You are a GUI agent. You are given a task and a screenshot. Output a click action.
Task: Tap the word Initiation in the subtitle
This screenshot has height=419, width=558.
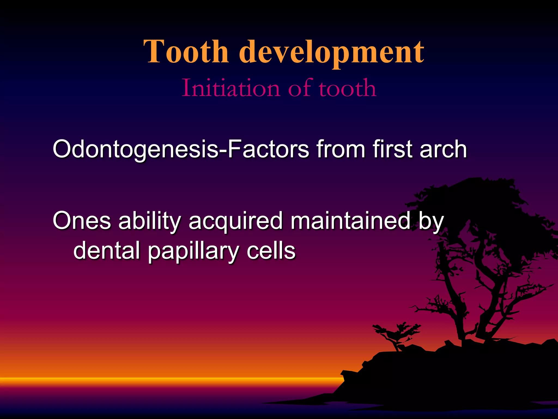[231, 88]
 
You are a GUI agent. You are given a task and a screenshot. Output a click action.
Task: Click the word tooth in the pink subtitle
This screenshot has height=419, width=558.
[348, 88]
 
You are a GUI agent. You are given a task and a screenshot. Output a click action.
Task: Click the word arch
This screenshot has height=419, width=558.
[443, 149]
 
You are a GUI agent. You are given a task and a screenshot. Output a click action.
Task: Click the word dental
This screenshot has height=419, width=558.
[107, 250]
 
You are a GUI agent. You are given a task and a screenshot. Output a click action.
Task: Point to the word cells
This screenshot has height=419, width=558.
[271, 250]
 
